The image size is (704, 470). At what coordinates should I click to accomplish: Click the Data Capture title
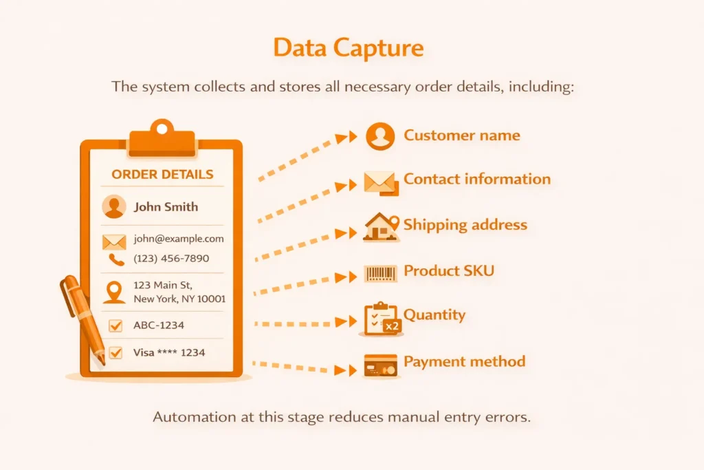pyautogui.click(x=349, y=49)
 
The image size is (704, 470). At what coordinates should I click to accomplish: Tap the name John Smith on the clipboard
pyautogui.click(x=166, y=206)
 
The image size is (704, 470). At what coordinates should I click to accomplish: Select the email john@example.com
pyautogui.click(x=179, y=239)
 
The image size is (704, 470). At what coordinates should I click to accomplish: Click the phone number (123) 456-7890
pyautogui.click(x=171, y=259)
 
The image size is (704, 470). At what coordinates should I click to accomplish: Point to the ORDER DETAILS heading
pyautogui.click(x=162, y=174)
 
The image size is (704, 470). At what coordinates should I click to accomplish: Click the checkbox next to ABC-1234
pyautogui.click(x=115, y=325)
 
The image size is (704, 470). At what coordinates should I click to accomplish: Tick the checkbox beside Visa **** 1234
pyautogui.click(x=115, y=353)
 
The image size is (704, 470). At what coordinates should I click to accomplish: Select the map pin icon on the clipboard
pyautogui.click(x=114, y=292)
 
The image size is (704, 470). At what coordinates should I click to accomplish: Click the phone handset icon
pyautogui.click(x=115, y=259)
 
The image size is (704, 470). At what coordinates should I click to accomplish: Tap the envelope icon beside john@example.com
pyautogui.click(x=114, y=241)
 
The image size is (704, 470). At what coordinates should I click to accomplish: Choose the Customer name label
pyautogui.click(x=461, y=135)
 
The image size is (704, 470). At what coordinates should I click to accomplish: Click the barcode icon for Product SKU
pyautogui.click(x=381, y=274)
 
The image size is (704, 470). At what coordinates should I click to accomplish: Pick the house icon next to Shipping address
pyautogui.click(x=381, y=227)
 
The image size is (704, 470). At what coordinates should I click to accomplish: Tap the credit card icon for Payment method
pyautogui.click(x=381, y=365)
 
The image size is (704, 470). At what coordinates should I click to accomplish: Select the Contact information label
pyautogui.click(x=476, y=179)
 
